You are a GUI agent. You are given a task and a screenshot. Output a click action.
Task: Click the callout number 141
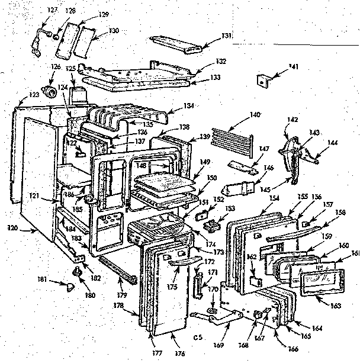point(291,69)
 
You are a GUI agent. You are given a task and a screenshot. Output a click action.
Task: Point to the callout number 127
point(53,10)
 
